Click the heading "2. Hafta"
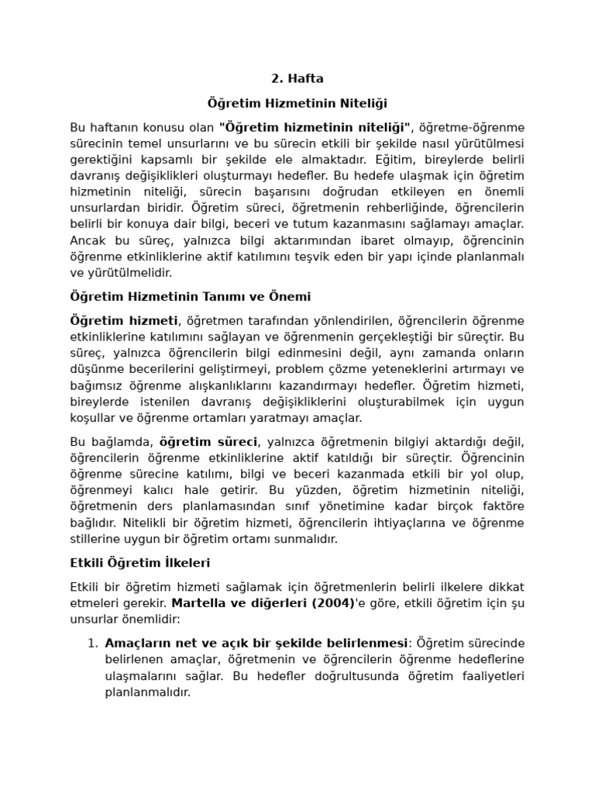pos(297,78)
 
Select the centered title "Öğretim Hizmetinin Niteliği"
pos(297,102)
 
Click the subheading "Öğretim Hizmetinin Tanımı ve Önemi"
pos(191,297)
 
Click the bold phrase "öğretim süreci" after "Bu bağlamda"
pos(208,441)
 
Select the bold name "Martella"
pos(197,602)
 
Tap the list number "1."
pos(92,643)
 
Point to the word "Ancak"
pos(86,240)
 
